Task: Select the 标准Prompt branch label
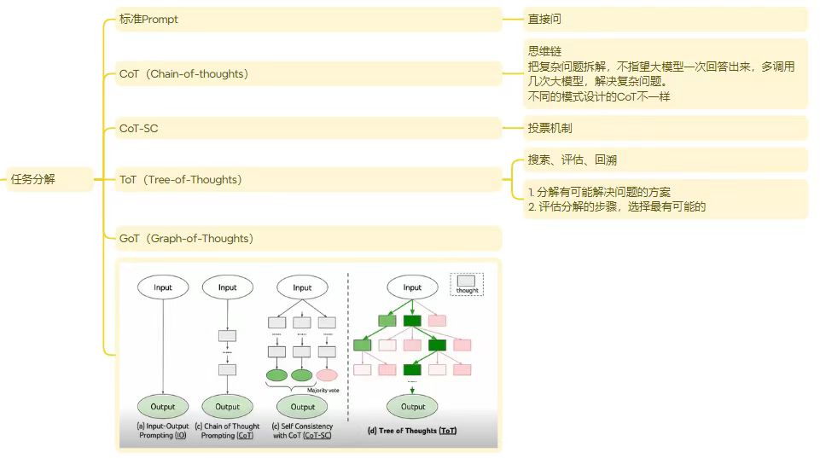pyautogui.click(x=149, y=20)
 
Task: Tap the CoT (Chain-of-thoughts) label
pyautogui.click(x=184, y=74)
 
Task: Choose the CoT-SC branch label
pyautogui.click(x=139, y=129)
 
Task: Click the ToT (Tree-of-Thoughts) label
pyautogui.click(x=181, y=179)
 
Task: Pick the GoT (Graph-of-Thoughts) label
pyautogui.click(x=187, y=238)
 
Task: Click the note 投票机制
pyautogui.click(x=555, y=128)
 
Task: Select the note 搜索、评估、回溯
pyautogui.click(x=573, y=159)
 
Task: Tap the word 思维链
pyautogui.click(x=544, y=52)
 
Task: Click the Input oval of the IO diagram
pyautogui.click(x=163, y=287)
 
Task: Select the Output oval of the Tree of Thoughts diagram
pyautogui.click(x=413, y=407)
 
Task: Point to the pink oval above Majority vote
pyautogui.click(x=327, y=375)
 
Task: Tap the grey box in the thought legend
pyautogui.click(x=467, y=281)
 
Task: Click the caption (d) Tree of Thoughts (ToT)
pyautogui.click(x=412, y=431)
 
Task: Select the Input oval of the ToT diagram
pyautogui.click(x=412, y=287)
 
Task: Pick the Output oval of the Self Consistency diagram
pyautogui.click(x=302, y=407)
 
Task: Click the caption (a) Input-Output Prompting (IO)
pyautogui.click(x=163, y=431)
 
